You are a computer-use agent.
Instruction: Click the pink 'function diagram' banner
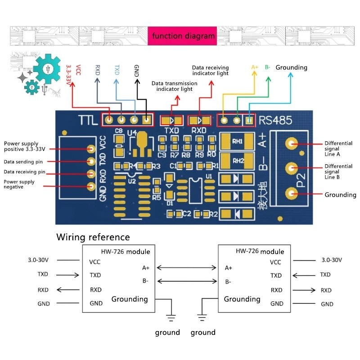tap(183, 36)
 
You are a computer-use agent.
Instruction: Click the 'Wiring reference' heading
tap(93, 237)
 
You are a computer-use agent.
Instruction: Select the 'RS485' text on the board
tap(275, 120)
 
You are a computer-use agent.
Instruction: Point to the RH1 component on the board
tap(237, 141)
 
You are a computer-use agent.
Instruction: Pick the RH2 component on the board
tap(237, 161)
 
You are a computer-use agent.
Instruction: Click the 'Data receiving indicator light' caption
tap(210, 70)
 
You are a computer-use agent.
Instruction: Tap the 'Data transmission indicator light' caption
tap(174, 86)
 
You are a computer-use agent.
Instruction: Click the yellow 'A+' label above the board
tap(255, 67)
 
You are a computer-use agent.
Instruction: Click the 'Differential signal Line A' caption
tap(338, 148)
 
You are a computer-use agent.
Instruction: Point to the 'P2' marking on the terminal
tap(301, 180)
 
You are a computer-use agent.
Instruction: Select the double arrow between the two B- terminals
tap(186, 282)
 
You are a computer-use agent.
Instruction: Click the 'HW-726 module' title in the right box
tap(260, 252)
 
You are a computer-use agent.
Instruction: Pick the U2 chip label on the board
tap(131, 181)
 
